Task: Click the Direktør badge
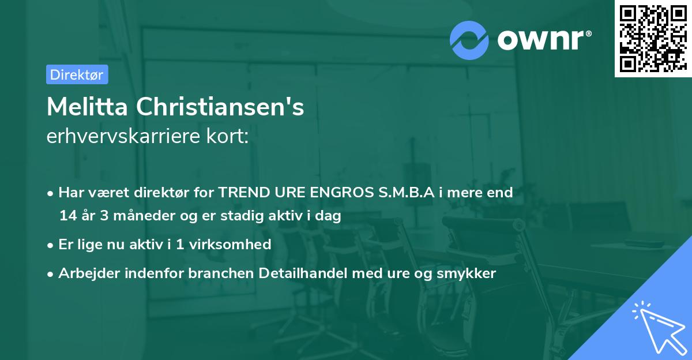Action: (77, 74)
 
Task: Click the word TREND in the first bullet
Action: (239, 193)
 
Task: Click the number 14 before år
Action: (67, 216)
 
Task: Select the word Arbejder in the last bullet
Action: (84, 273)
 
